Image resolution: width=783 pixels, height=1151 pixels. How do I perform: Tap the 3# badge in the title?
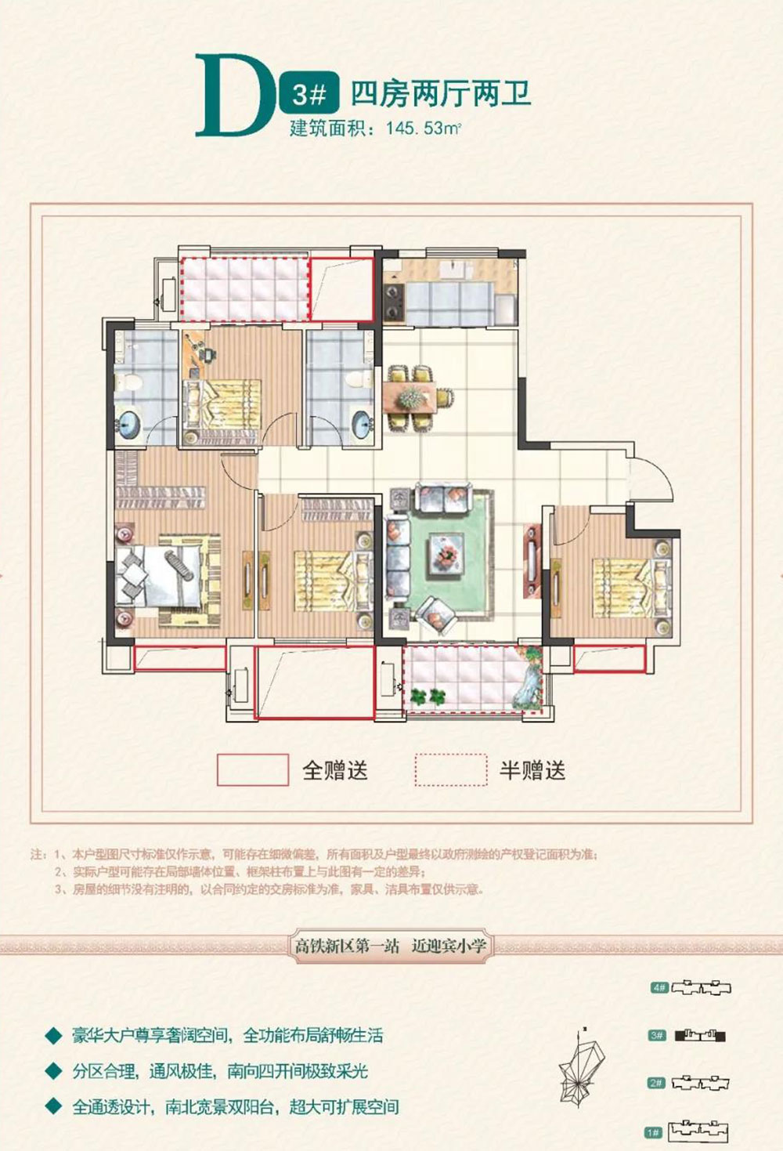[x=309, y=95]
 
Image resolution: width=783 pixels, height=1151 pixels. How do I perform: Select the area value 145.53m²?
[x=423, y=128]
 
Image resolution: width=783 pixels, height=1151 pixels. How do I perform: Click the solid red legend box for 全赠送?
[x=252, y=769]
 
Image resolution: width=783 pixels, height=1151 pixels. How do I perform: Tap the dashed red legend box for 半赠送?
[x=451, y=769]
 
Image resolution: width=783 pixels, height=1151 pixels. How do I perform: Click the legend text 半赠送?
[x=532, y=770]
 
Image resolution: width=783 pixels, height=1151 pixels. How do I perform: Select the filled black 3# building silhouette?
[x=700, y=1036]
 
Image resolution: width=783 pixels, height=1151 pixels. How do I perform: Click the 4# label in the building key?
[x=659, y=988]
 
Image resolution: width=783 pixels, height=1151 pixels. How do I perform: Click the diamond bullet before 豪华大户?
[x=53, y=1036]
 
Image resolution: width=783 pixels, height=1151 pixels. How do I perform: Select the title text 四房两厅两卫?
[x=441, y=95]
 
